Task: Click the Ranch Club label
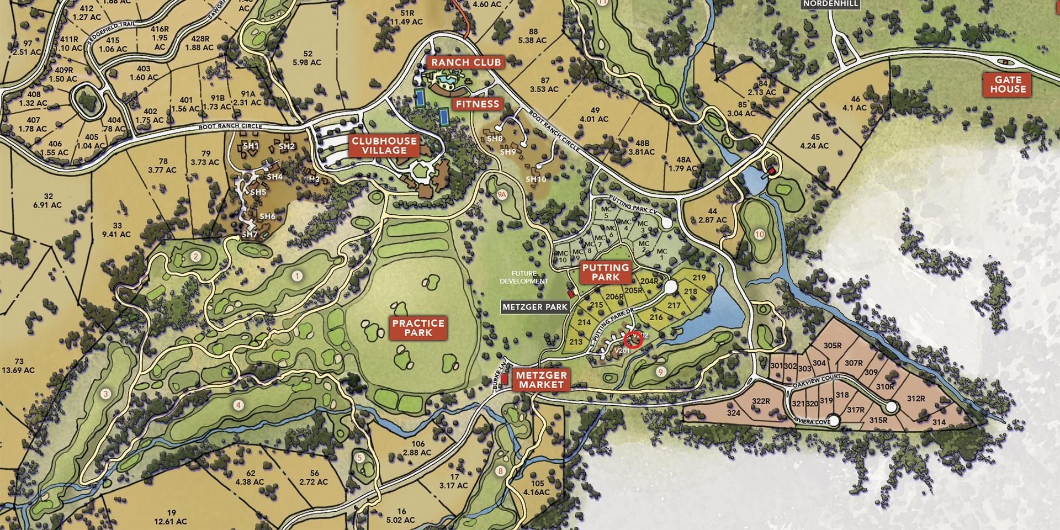tap(465, 62)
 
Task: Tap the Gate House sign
tap(1008, 84)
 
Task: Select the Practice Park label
tap(417, 328)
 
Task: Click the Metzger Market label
tap(540, 380)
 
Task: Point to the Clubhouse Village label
tap(385, 146)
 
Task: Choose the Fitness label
tap(477, 104)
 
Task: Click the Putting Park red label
tap(605, 272)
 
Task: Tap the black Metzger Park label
tap(534, 306)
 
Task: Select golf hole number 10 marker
tap(759, 234)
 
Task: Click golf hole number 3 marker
tap(105, 394)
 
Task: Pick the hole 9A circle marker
tap(501, 194)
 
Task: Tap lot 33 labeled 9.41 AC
tap(116, 230)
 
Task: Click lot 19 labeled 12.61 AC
tap(171, 517)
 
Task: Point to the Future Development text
tap(524, 277)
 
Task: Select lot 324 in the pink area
tap(733, 413)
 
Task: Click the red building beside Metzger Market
tap(504, 379)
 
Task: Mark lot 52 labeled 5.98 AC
tap(308, 58)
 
